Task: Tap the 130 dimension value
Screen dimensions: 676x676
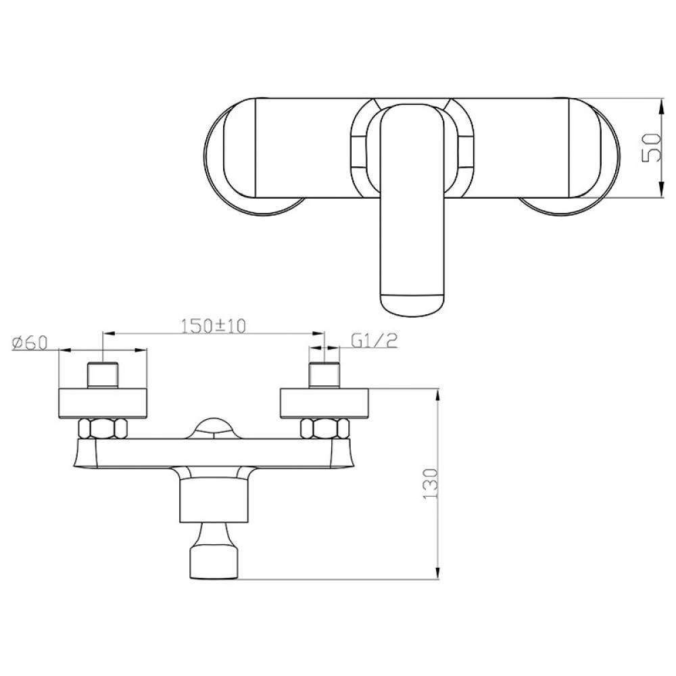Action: click(431, 484)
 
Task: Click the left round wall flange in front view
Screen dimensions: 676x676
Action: click(103, 403)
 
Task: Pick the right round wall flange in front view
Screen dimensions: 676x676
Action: click(324, 403)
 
